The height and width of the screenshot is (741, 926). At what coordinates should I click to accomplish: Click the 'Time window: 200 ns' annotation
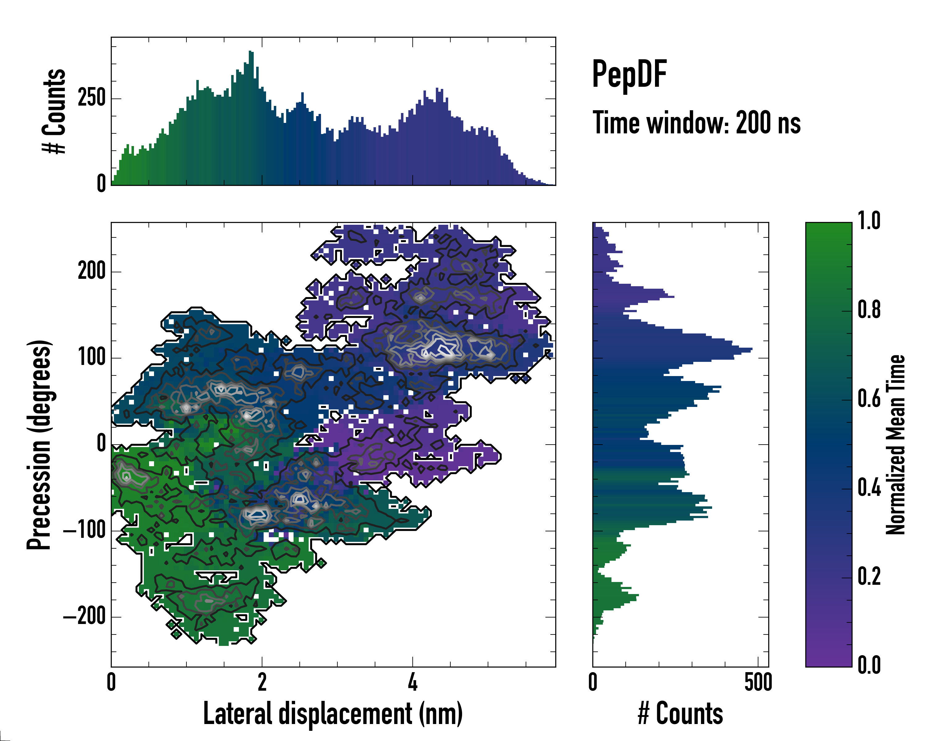(x=696, y=123)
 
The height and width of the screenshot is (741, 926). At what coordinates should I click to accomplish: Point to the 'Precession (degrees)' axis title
(x=39, y=445)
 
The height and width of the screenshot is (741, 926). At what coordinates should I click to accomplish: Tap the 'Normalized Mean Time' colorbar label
(x=895, y=445)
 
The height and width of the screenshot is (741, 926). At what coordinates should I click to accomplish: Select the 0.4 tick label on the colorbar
(x=869, y=488)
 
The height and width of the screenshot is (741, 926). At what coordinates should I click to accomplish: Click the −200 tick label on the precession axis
(x=84, y=617)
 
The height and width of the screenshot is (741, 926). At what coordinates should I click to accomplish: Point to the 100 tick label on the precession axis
(x=91, y=358)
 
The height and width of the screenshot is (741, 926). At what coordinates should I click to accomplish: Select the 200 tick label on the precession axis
(x=91, y=271)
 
